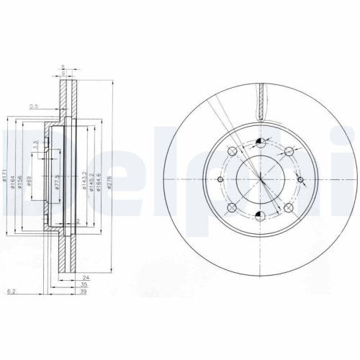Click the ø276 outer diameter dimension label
[x=109, y=185]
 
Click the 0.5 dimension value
[x=33, y=107]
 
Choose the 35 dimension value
[x=85, y=284]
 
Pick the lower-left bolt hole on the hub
[x=232, y=208]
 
